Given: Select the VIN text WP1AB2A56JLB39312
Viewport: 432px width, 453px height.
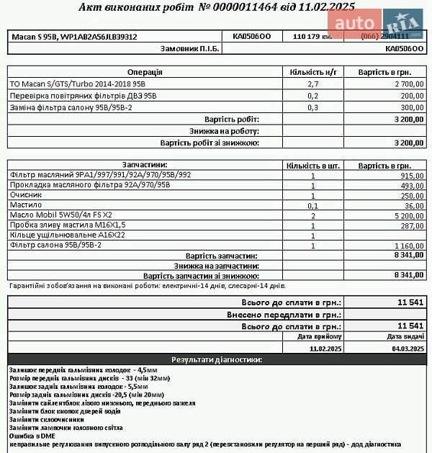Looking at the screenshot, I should [x=99, y=36].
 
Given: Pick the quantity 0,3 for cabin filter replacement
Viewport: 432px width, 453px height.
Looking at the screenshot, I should [x=312, y=107].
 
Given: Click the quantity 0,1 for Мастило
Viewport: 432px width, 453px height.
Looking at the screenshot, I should [x=312, y=205].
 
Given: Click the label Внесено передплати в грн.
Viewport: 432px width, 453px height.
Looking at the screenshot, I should [x=284, y=315].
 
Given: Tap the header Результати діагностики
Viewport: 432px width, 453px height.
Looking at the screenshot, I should [x=216, y=359].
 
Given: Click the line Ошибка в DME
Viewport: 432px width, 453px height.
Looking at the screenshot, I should [x=32, y=436].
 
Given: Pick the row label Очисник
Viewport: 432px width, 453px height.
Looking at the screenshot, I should [x=26, y=195].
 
